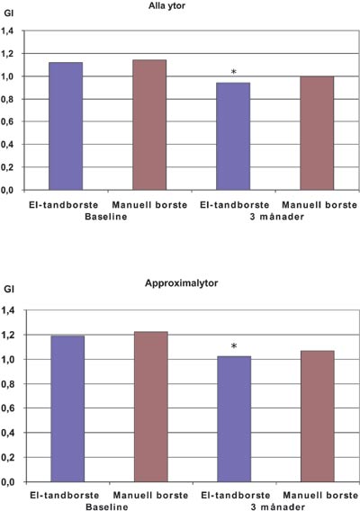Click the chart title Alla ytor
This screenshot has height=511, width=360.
[166, 6]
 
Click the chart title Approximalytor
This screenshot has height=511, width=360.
[181, 282]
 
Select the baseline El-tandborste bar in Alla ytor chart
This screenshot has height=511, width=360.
[66, 126]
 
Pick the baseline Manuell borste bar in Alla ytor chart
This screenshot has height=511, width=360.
[149, 125]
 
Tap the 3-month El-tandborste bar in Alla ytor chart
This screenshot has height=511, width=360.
[233, 136]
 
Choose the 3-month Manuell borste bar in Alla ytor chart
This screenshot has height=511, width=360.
[317, 133]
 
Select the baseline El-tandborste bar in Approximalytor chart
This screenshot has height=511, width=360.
[67, 408]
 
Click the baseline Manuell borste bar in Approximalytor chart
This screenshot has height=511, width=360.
[151, 407]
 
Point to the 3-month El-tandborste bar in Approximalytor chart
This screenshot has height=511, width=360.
[234, 419]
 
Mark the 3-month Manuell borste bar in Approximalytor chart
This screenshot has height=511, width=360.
[318, 417]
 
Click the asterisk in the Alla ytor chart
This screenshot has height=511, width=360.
[233, 72]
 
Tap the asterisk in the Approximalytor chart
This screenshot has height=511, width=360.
[234, 346]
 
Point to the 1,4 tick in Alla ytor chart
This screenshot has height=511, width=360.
[7, 31]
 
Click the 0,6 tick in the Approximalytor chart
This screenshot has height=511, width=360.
[8, 408]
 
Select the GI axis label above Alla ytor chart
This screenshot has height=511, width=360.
[8, 13]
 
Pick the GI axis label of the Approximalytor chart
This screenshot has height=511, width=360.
[9, 289]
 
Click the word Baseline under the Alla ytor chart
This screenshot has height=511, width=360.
[106, 217]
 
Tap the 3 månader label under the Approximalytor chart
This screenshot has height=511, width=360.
[278, 507]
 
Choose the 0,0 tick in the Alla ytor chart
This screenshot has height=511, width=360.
[7, 191]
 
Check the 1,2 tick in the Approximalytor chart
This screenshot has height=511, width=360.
[8, 335]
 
